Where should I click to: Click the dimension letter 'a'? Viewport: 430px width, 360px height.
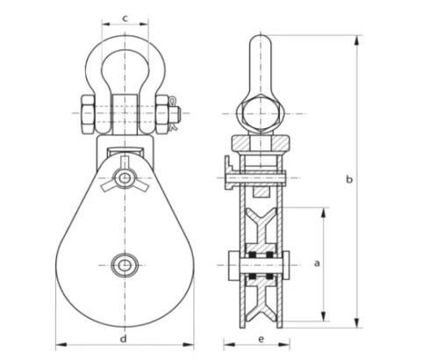coord(317,263)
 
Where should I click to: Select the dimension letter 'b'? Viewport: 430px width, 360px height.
coord(348,180)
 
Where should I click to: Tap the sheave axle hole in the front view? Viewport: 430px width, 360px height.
coord(124,263)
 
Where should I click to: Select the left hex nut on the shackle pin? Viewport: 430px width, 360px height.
coord(88,113)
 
